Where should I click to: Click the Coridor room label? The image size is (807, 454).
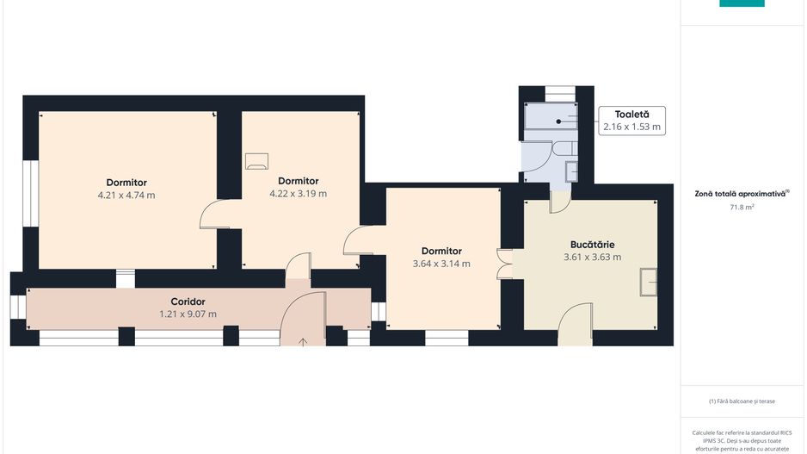click(188, 302)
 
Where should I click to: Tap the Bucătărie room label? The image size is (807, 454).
click(593, 245)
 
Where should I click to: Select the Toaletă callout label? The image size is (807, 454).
click(632, 115)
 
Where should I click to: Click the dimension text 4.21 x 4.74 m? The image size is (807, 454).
click(126, 196)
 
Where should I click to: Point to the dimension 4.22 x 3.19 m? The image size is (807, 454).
click(298, 194)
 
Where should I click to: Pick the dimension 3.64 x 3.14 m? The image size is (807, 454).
click(441, 264)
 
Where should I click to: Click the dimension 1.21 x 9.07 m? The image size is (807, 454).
click(188, 314)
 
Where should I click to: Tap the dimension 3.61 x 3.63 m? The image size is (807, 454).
click(593, 257)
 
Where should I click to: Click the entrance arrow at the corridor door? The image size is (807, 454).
click(303, 342)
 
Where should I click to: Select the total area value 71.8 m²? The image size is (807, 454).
click(742, 207)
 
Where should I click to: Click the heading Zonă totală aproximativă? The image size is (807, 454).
click(740, 195)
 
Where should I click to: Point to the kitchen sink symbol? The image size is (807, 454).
click(649, 282)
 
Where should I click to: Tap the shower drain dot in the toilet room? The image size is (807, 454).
click(558, 121)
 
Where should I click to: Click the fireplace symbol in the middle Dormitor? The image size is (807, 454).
click(257, 161)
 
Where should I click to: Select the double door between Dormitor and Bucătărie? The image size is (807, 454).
click(505, 264)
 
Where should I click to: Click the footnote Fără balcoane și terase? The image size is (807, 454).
click(742, 401)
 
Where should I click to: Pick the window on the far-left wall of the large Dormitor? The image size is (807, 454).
click(31, 193)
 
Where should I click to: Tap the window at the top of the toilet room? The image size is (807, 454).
click(560, 94)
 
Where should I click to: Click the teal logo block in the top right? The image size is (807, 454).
click(742, 3)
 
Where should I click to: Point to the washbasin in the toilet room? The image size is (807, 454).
click(571, 171)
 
